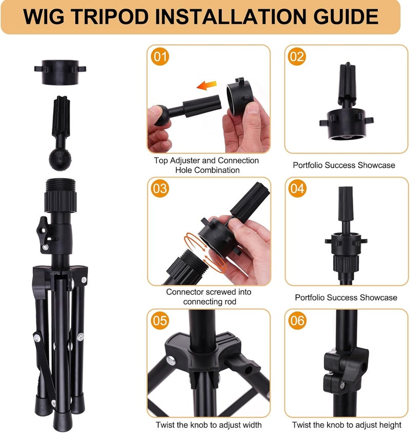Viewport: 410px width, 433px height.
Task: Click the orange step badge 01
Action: [x=160, y=56]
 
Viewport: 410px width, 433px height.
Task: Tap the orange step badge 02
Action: [x=297, y=56]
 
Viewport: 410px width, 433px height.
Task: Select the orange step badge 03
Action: [x=160, y=189]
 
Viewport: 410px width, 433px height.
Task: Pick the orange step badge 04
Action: [x=297, y=189]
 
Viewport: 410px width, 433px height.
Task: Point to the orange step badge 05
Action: [x=160, y=321]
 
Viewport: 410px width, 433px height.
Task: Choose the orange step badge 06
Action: [x=297, y=321]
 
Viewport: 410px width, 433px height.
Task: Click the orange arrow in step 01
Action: [x=207, y=85]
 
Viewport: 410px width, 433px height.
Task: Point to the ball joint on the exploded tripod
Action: [x=60, y=160]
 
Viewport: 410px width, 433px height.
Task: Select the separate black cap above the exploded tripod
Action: [x=60, y=72]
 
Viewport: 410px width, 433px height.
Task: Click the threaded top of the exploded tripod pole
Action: [x=60, y=184]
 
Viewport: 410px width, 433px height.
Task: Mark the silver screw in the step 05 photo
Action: [x=171, y=361]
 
